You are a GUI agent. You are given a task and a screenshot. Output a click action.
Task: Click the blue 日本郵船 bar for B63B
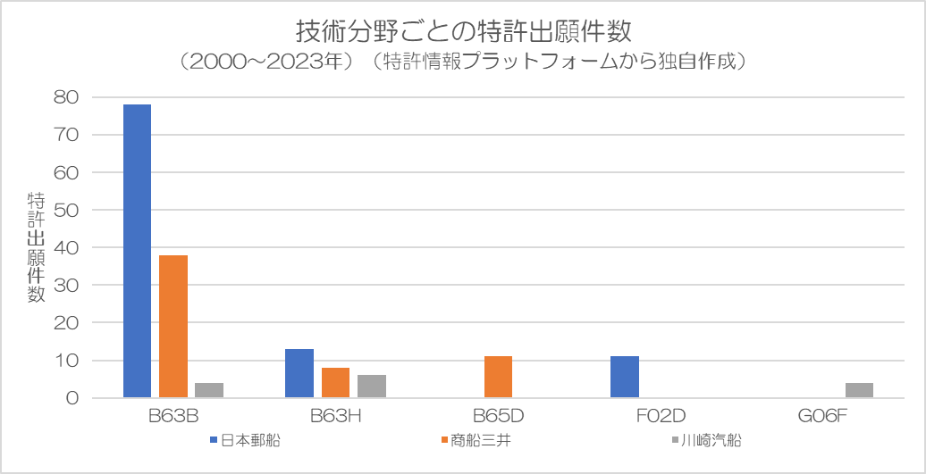[x=137, y=250]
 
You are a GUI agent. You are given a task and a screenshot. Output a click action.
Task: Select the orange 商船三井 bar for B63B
[x=173, y=326]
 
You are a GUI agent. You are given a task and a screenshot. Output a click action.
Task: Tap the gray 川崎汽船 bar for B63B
[x=209, y=390]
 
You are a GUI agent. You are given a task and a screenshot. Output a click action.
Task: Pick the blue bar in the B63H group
[x=299, y=373]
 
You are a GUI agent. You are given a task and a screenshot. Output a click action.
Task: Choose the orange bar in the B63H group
[x=335, y=382]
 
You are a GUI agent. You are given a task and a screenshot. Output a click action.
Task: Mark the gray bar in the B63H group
[x=372, y=386]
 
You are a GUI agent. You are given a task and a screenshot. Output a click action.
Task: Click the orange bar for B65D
[x=498, y=377]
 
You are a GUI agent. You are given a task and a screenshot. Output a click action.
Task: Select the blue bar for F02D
[x=625, y=377]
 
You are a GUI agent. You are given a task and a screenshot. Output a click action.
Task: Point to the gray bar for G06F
[x=859, y=390]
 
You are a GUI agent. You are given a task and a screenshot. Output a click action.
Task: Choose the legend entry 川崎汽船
[x=711, y=440]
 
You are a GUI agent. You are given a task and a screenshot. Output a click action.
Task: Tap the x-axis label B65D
[x=498, y=417]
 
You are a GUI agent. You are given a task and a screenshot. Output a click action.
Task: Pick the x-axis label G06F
[x=822, y=417]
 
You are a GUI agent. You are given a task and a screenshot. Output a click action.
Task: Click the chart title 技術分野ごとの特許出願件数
[x=463, y=31]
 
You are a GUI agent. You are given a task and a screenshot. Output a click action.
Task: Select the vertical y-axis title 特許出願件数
[x=36, y=247]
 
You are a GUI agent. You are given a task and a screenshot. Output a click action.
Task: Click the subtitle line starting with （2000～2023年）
[x=463, y=62]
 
